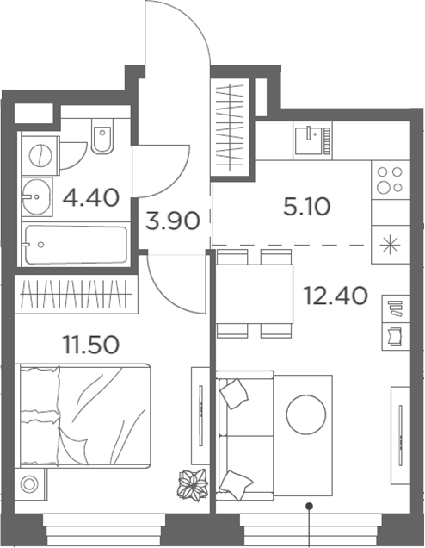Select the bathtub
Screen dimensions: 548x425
point(76,245)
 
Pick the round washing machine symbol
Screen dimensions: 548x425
point(40,155)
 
